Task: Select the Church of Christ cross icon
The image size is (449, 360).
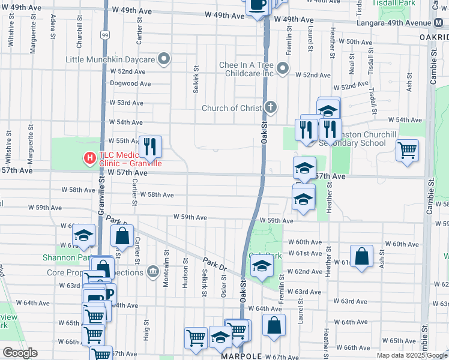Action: [271, 108]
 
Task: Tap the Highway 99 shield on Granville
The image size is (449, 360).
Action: [104, 35]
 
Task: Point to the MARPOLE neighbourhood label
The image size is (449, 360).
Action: [243, 356]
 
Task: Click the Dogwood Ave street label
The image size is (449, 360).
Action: [130, 83]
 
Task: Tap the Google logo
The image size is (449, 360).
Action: [20, 353]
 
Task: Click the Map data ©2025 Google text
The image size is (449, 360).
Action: [411, 355]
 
